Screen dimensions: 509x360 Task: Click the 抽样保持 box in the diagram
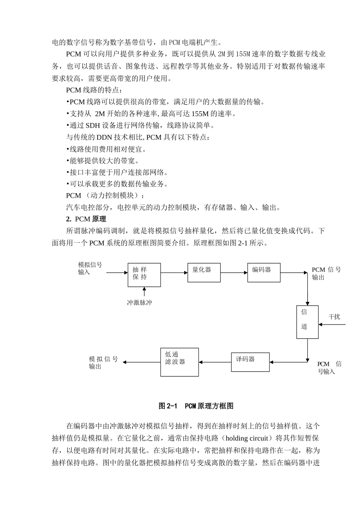coord(144,275)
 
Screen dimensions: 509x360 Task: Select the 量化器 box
coord(204,272)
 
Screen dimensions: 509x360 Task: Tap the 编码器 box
coord(264,272)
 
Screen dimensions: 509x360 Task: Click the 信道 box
coord(307,322)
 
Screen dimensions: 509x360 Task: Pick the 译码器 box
coord(250,362)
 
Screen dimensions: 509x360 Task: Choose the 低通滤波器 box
coord(179,362)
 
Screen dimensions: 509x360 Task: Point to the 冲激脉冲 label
coord(139,303)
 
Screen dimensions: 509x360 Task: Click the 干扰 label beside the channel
coord(334,317)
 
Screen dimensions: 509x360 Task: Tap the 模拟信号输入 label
coord(90,269)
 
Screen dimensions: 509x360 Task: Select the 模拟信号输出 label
coord(103,362)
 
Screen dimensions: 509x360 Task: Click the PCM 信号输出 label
coord(326,273)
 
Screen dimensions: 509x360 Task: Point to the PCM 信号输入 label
coord(329,368)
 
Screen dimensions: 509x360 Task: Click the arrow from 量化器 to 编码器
coord(234,272)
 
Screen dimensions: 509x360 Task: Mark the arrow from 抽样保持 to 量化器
coord(174,272)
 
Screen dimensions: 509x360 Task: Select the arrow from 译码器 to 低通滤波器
coord(215,362)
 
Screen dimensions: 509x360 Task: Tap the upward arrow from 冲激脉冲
coord(144,292)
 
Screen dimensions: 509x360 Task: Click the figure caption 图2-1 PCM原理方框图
coord(196,406)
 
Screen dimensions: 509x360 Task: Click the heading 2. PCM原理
coord(86,219)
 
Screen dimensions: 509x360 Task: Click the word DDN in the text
coord(104,137)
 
